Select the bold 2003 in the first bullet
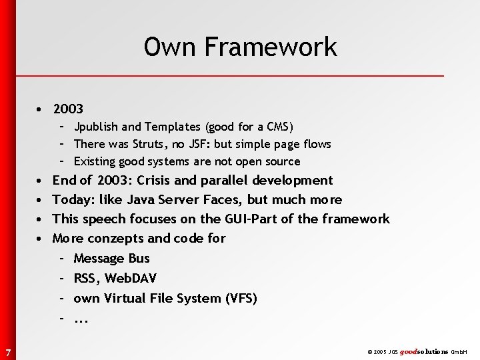(68, 108)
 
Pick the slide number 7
(7, 351)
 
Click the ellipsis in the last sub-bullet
(81, 319)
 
